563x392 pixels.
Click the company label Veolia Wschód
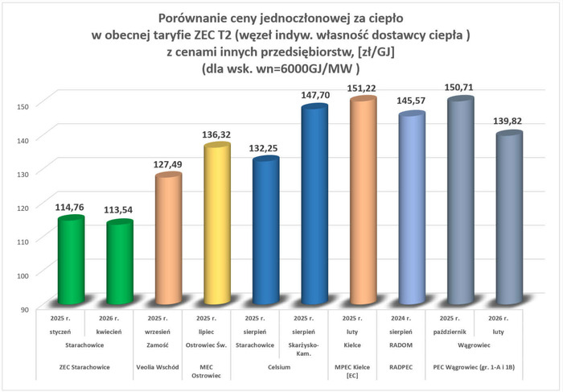point(167,367)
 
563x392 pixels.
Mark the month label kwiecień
point(119,331)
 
